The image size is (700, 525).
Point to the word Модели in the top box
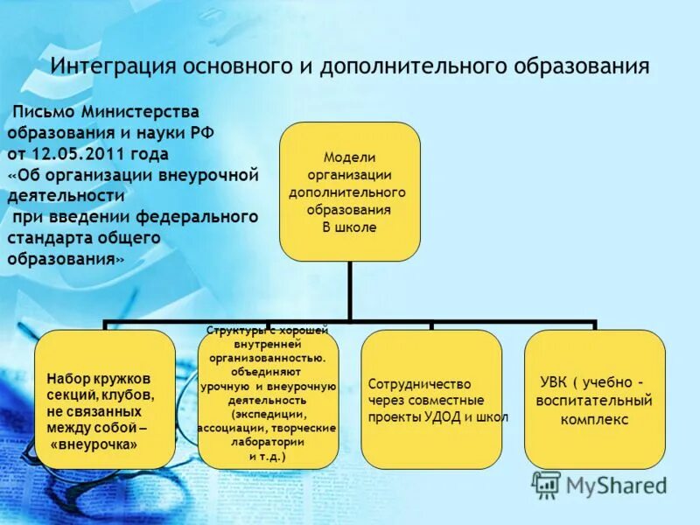coord(349,157)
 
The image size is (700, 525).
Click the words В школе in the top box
coord(349,227)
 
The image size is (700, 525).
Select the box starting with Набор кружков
coord(105,399)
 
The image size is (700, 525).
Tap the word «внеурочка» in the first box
coord(100,444)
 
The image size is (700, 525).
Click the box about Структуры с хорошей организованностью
coord(268,399)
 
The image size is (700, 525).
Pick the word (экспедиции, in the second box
coord(268,414)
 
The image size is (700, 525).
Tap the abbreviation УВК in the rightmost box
coord(553,383)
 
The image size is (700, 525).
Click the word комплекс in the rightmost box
coord(594,419)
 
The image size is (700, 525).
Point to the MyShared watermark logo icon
coord(547,485)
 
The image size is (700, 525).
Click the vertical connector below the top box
coord(349,289)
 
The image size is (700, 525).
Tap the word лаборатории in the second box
coord(268,443)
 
